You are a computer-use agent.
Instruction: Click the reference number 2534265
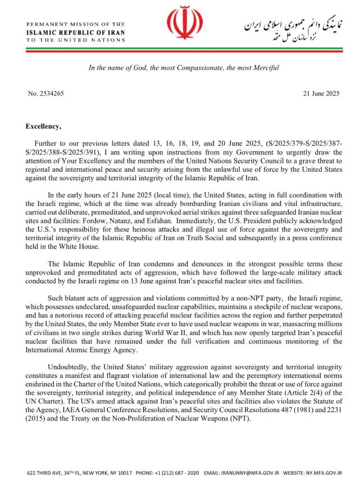click(x=50, y=93)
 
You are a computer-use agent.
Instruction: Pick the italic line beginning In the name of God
click(x=184, y=68)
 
